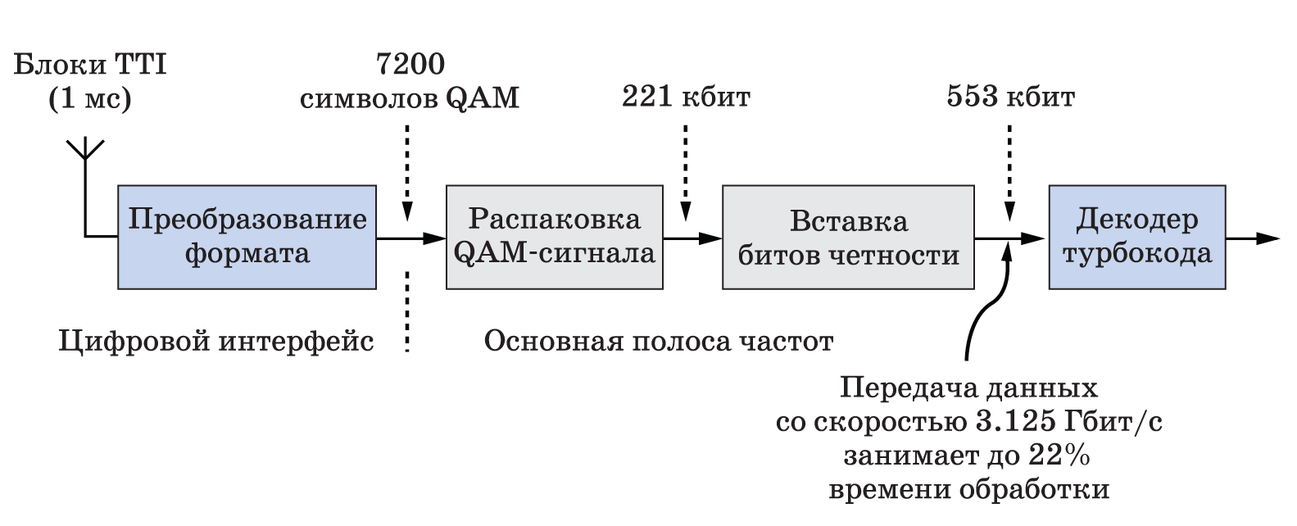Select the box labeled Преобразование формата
click(247, 238)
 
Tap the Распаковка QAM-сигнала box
click(554, 238)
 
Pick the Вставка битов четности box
click(848, 238)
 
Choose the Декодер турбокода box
click(1137, 238)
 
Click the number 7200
click(410, 64)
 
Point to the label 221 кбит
click(686, 97)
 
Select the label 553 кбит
click(1011, 97)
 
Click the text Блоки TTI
click(90, 64)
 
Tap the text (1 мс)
click(90, 98)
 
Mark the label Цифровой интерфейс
click(216, 342)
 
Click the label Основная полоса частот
click(659, 341)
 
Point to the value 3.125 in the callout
click(1016, 422)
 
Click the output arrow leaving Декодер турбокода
click(1253, 238)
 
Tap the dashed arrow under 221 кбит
click(686, 173)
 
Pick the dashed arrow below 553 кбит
click(1009, 173)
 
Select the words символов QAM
click(410, 98)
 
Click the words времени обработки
click(968, 490)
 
